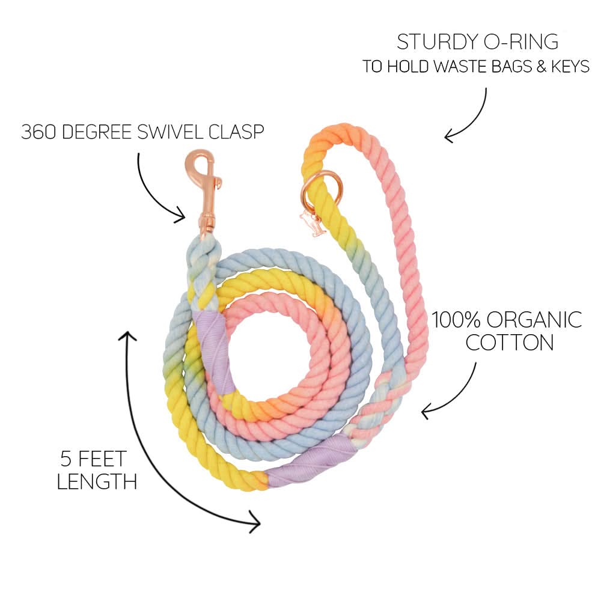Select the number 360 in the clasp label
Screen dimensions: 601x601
37,132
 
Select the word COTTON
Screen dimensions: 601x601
510,343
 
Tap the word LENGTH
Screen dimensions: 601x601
96,482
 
